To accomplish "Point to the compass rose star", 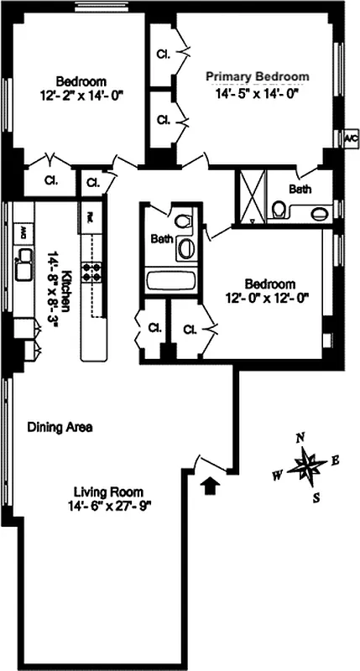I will [307, 466].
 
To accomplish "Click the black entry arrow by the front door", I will [209, 485].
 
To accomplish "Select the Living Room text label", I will [108, 492].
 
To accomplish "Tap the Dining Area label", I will [60, 427].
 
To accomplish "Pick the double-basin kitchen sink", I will [23, 263].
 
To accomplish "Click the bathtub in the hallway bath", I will [170, 280].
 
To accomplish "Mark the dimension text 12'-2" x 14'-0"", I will [81, 96].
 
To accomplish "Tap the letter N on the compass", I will [300, 438].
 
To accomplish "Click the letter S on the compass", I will [316, 497].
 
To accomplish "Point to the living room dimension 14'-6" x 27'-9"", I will [108, 506].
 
